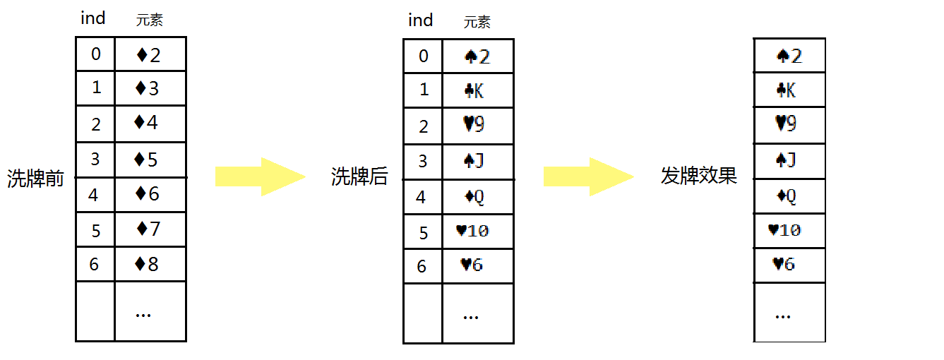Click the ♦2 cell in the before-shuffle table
(149, 54)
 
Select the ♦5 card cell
(149, 160)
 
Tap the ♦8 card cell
(149, 265)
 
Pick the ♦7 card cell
(149, 229)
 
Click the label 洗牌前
(35, 179)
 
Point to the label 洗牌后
(360, 176)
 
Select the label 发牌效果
(699, 176)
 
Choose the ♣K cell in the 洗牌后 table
(477, 90)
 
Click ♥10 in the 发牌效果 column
(789, 229)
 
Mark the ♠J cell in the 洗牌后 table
(477, 160)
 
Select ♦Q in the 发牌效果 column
(789, 196)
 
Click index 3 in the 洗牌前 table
(95, 160)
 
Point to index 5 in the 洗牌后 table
(423, 232)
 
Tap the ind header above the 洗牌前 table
(92, 18)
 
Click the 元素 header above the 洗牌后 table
(477, 22)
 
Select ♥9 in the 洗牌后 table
(477, 125)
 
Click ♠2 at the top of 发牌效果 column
(789, 55)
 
